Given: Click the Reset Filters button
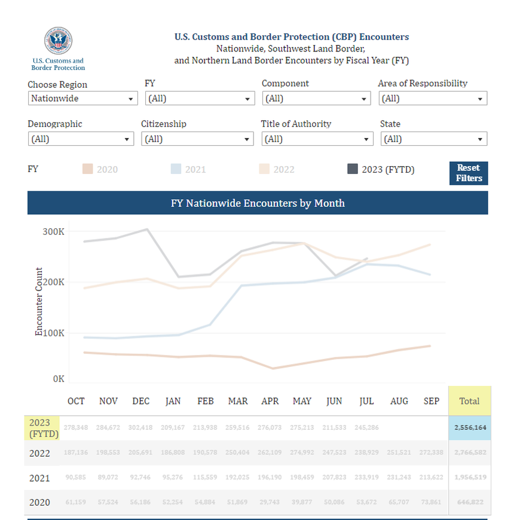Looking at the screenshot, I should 469,173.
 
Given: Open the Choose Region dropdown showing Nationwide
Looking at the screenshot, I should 82,99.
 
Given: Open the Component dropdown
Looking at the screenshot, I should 316,99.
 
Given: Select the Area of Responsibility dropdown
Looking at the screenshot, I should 433,99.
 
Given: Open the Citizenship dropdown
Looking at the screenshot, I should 197,139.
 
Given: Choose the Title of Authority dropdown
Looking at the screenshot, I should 317,139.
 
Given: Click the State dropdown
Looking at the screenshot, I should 433,139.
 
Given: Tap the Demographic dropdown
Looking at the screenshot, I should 80,139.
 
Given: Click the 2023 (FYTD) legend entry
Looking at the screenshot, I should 381,170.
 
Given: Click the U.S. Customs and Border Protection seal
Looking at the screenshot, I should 58,41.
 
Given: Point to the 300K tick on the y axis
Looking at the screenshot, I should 53,232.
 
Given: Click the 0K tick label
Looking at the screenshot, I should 58,379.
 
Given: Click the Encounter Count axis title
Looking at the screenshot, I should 39,302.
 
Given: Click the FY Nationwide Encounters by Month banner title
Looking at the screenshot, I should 258,203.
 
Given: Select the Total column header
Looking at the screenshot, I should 469,401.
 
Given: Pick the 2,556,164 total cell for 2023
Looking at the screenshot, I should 469,429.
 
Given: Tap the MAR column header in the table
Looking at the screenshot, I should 238,401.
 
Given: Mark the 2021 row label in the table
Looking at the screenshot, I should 40,478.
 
